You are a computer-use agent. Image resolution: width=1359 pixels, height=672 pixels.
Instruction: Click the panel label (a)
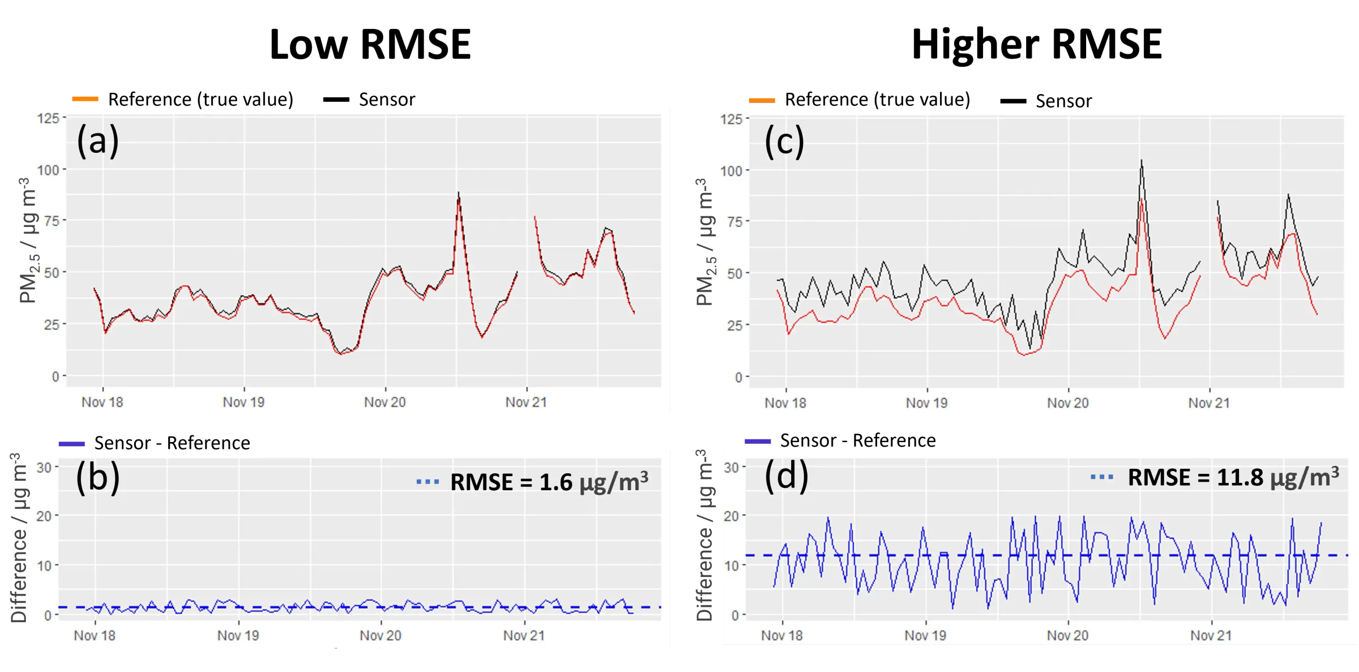(97, 141)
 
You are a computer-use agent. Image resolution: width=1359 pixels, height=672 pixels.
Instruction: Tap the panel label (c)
(784, 142)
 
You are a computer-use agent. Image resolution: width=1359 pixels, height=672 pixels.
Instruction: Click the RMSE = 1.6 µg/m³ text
(548, 482)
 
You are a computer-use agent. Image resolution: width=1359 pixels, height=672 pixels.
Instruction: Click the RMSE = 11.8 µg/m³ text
(1233, 477)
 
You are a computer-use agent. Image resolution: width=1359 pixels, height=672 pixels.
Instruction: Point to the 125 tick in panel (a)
(48, 118)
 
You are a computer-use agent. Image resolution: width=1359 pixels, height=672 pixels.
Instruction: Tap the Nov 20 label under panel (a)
(384, 403)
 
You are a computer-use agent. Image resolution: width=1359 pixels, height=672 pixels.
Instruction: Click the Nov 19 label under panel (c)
(926, 403)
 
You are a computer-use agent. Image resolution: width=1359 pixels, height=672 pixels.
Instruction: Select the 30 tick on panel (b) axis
(44, 468)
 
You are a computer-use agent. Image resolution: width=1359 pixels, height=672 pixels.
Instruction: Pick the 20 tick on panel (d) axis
(731, 516)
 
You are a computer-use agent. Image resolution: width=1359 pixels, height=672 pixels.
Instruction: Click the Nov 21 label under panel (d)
(1211, 635)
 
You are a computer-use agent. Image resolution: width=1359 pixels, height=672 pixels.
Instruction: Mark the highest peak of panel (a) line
(458, 194)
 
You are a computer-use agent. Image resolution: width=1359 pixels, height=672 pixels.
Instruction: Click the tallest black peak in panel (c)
(1141, 161)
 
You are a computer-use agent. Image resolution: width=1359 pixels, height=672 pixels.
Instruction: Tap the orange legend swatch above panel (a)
(84, 100)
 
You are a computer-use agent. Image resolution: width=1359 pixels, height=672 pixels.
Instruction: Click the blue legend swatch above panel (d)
(758, 441)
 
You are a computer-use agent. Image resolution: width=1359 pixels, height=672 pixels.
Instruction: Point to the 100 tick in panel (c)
(731, 171)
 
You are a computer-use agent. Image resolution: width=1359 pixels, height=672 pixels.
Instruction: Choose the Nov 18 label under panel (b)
(95, 635)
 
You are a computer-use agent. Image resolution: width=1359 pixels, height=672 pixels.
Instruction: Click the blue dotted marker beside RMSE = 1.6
(428, 482)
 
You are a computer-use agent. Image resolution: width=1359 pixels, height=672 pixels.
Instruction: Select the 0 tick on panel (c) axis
(738, 377)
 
